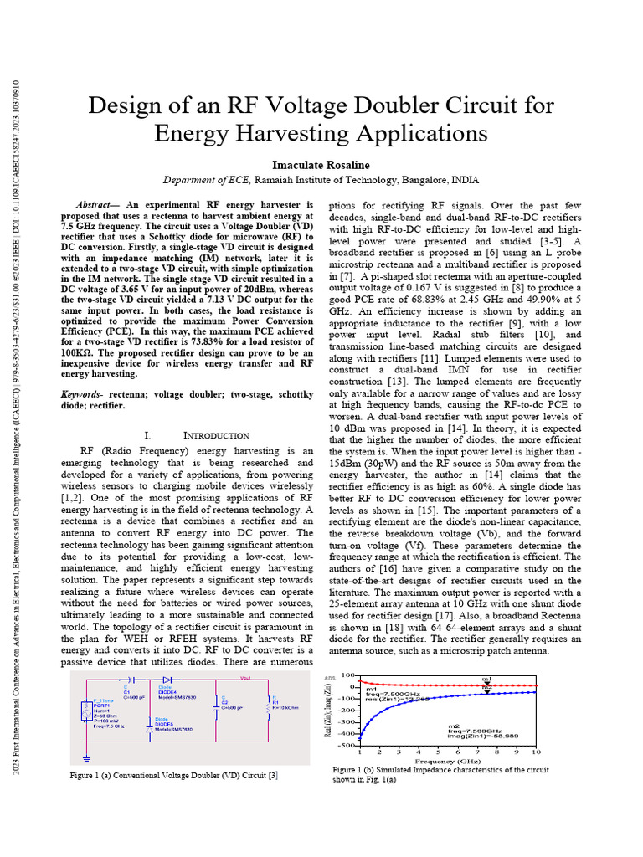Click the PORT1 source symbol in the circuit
click(85, 712)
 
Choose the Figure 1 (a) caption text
click(173, 776)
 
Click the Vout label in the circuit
click(245, 677)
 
